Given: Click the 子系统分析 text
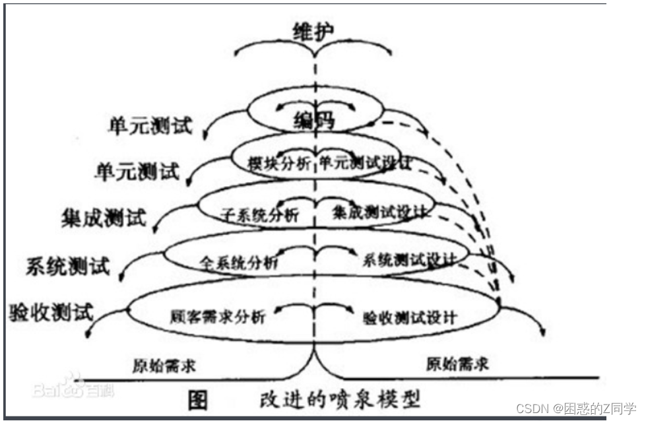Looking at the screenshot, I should pos(259,214).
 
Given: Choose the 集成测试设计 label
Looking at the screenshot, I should pos(382,212).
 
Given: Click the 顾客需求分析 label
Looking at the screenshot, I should pos(217,316).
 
